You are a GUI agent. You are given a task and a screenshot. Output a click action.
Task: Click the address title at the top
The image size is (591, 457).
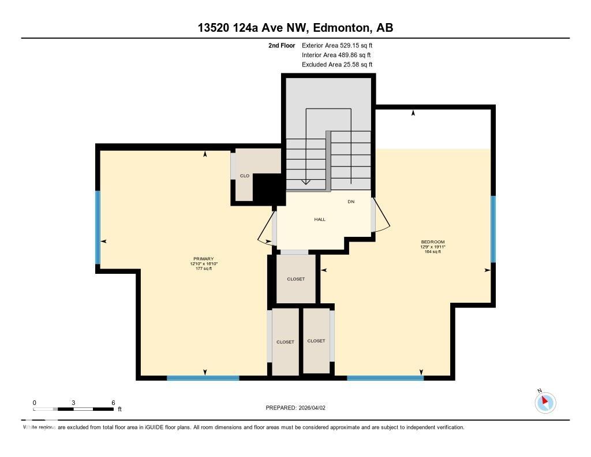pos(295,28)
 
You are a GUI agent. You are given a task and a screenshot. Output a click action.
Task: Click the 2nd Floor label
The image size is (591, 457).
pos(282,45)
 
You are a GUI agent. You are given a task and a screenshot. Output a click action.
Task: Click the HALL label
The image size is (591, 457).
pos(320,220)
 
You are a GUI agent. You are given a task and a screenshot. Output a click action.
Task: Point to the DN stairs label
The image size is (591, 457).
pos(351,202)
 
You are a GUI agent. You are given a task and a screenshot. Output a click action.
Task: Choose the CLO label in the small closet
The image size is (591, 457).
pos(245,176)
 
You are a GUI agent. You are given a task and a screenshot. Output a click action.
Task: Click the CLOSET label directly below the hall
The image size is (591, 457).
pos(295,279)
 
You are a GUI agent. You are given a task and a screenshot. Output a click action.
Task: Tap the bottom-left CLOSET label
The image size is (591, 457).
pos(285,342)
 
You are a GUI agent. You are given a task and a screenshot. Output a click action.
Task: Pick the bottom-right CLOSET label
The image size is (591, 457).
pos(316,341)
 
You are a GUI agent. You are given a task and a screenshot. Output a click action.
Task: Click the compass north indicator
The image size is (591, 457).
pos(545,402)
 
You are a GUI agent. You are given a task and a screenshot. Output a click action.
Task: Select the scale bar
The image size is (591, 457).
pos(73,409)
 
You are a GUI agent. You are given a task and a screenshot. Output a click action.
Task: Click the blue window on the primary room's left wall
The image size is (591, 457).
pos(98,227)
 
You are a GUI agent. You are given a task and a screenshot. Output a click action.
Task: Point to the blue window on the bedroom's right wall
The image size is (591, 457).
pos(493,229)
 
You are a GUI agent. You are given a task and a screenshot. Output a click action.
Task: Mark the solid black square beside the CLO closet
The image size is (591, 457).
pos(266,188)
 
